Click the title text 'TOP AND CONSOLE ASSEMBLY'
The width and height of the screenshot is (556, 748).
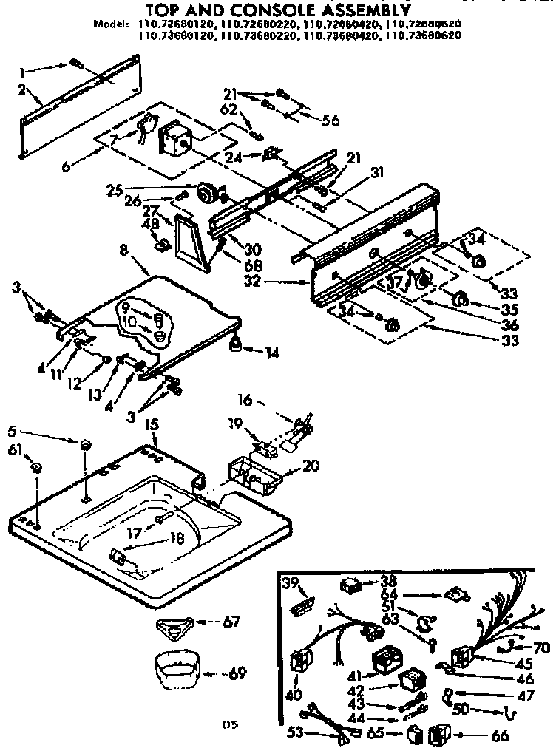point(277,10)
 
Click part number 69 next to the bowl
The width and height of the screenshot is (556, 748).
point(237,673)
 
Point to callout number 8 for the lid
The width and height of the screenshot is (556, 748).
point(123,251)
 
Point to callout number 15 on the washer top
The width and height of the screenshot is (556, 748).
point(151,425)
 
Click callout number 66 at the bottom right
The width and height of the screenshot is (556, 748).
point(500,735)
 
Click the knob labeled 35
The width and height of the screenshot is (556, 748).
point(461,299)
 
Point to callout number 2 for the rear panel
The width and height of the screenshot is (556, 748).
point(23,89)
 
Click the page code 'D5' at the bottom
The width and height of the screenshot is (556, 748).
point(232,725)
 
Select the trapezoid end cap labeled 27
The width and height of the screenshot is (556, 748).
point(191,241)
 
